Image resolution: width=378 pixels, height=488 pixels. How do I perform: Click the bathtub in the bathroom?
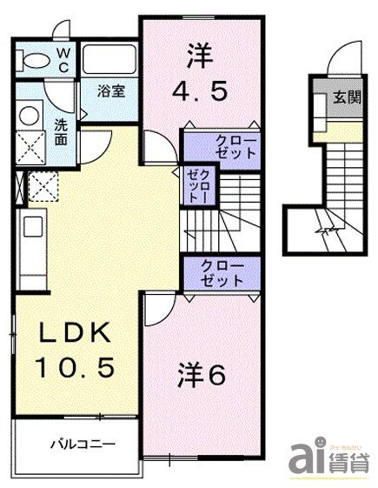tap(110, 60)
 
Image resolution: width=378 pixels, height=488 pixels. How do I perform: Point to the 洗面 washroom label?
tap(61, 130)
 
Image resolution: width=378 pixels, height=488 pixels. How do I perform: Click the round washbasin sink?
tap(30, 117)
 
